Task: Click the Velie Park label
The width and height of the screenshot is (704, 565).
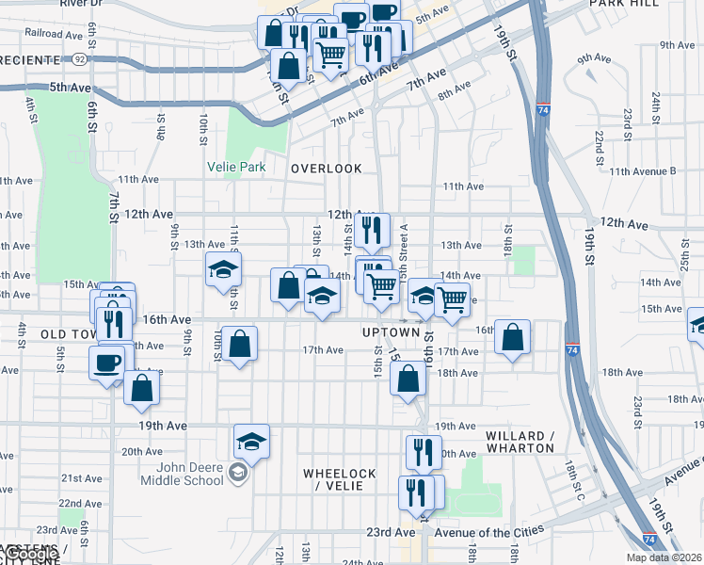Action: click(236, 168)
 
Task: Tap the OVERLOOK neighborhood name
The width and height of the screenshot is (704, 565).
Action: click(326, 169)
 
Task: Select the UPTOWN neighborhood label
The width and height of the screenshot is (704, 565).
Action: click(391, 332)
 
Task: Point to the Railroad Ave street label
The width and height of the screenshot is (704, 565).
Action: click(55, 33)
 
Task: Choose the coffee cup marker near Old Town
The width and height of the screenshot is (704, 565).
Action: click(106, 362)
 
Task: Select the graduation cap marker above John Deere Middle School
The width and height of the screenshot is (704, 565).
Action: click(251, 440)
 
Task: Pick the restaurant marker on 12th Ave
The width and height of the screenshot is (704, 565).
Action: click(372, 229)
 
